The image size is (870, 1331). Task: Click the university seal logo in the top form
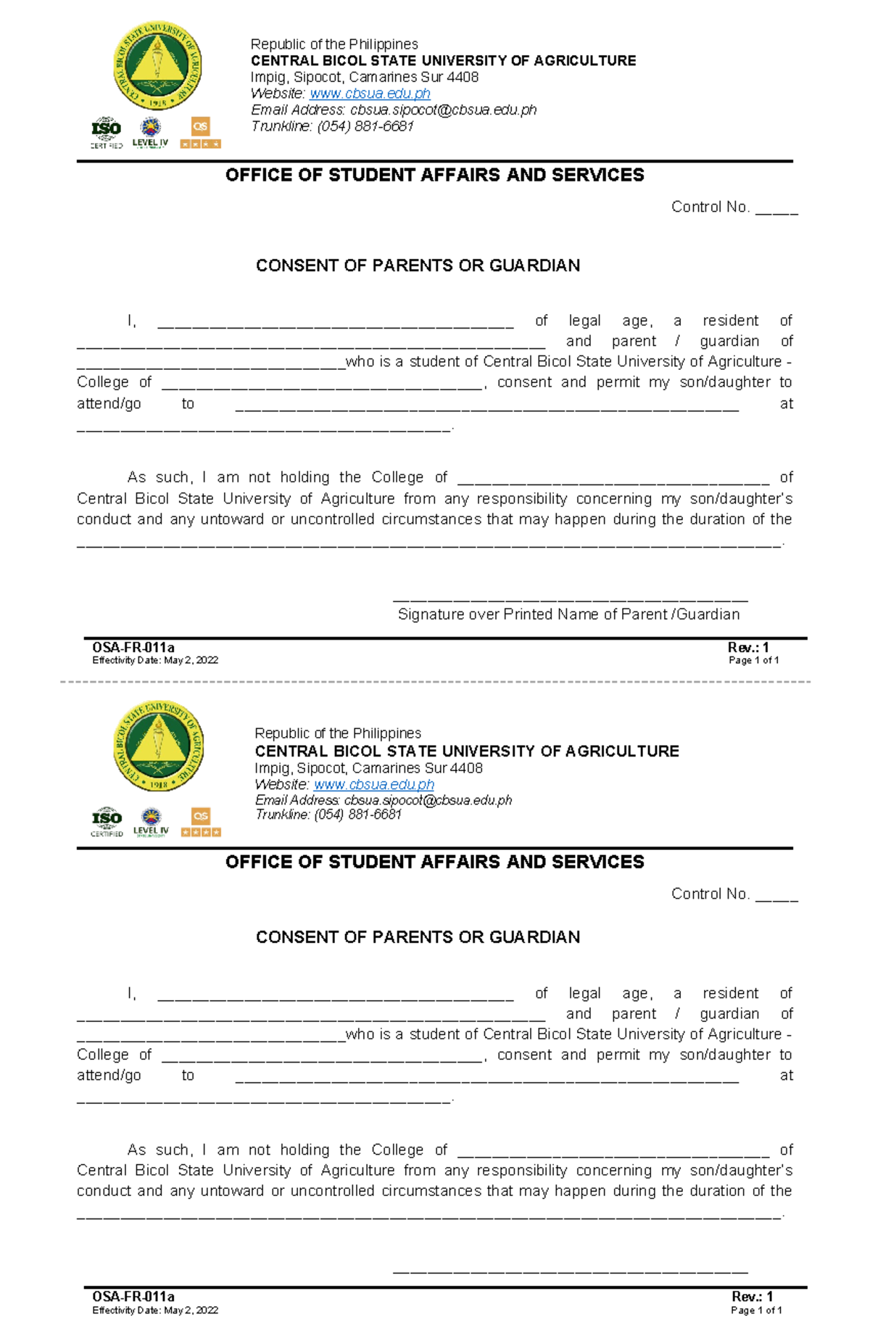tap(157, 66)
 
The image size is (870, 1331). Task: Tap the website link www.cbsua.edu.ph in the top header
tap(370, 94)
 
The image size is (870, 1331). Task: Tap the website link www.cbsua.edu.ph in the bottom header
tap(373, 785)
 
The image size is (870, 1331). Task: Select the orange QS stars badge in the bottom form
tap(201, 823)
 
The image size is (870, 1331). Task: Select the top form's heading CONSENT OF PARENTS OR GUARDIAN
tap(418, 265)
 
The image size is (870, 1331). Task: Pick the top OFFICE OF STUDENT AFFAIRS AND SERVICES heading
tap(434, 175)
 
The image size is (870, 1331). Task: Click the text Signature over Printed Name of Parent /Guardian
tap(568, 614)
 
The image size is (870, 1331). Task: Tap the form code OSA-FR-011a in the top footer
tap(133, 648)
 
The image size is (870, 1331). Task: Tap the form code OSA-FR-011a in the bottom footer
tap(133, 1297)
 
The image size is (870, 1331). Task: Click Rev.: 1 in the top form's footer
tap(748, 648)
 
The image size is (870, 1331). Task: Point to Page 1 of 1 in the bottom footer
tap(756, 1311)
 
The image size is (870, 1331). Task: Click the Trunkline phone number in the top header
tap(365, 126)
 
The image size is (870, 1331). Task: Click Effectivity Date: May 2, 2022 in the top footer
tap(155, 660)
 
